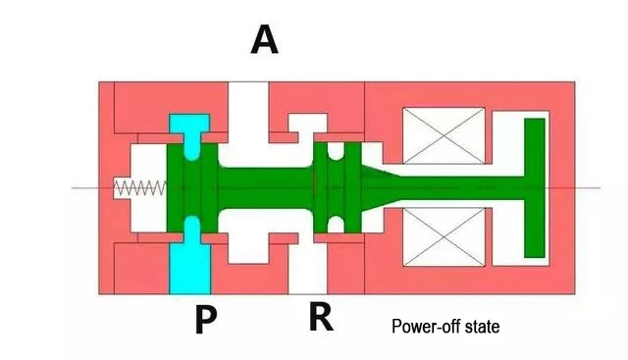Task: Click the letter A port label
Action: tap(264, 39)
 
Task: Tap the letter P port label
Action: tap(206, 319)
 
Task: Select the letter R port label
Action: tap(321, 317)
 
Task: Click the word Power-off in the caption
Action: tap(426, 327)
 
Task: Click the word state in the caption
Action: tap(482, 327)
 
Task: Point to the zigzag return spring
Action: tap(140, 187)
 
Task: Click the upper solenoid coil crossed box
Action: tap(444, 135)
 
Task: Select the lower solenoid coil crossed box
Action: tap(444, 237)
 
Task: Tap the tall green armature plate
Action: tap(535, 187)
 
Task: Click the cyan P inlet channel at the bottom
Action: tap(189, 260)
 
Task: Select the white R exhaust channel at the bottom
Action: tap(307, 266)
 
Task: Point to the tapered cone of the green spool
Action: tap(381, 187)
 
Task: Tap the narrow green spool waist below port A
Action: tap(265, 187)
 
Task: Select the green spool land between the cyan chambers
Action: tap(192, 187)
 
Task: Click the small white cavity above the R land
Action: tap(308, 125)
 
